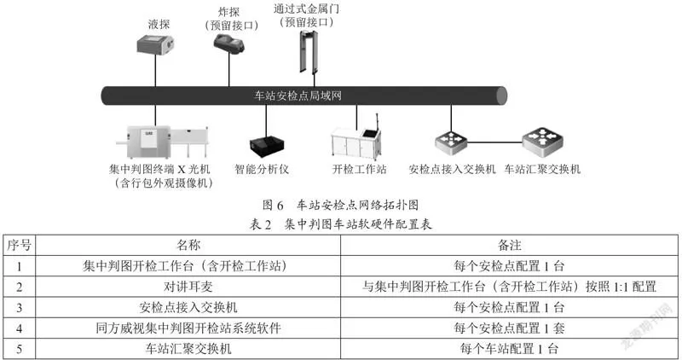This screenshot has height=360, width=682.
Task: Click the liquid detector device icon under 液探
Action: tap(155, 45)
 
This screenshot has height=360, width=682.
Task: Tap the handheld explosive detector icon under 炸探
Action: tap(228, 44)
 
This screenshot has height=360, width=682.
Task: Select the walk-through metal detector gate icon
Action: tap(307, 51)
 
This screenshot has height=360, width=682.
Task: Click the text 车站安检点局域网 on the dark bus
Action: tap(298, 96)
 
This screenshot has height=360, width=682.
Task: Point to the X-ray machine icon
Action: tap(163, 142)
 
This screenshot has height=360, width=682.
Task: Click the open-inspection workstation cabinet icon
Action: tap(356, 140)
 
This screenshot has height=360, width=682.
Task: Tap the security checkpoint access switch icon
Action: tap(451, 142)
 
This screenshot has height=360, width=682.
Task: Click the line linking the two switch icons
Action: tap(495, 142)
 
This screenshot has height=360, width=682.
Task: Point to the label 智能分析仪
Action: tap(262, 169)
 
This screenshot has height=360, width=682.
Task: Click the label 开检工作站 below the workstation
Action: tap(359, 169)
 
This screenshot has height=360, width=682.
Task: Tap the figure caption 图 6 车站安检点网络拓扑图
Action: tap(340, 205)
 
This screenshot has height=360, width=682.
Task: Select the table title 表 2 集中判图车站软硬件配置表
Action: tap(340, 224)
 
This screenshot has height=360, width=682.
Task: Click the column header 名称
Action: tap(188, 245)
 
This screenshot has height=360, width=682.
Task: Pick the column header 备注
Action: tap(509, 245)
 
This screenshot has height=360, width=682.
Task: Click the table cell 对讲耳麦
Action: tap(188, 287)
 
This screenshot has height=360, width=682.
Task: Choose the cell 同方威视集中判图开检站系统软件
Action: tap(188, 328)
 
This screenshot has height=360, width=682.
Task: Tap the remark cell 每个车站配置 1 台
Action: tap(509, 349)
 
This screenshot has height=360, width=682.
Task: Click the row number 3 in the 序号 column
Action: tap(19, 308)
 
